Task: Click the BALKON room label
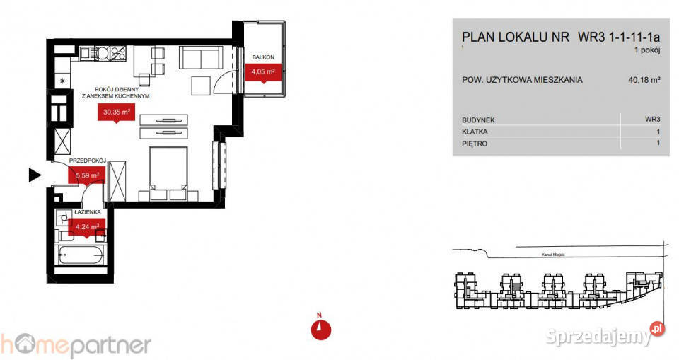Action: point(262,57)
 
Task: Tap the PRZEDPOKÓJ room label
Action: point(87,161)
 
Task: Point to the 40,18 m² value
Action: point(644,81)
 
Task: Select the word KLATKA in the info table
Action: point(474,132)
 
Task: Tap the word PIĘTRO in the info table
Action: point(474,144)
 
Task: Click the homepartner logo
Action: point(76,344)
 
